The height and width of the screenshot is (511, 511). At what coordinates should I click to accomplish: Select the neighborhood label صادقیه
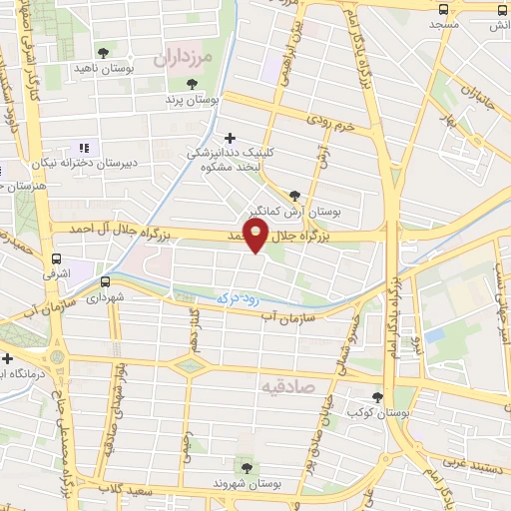click(x=288, y=384)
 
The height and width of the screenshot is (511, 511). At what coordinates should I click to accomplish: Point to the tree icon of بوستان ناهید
click(x=104, y=52)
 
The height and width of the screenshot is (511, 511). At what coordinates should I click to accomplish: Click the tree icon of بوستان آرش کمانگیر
click(x=293, y=196)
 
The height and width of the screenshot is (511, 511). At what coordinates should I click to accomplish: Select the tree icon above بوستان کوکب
click(x=376, y=395)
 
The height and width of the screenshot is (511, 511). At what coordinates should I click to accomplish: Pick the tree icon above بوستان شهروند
click(x=245, y=466)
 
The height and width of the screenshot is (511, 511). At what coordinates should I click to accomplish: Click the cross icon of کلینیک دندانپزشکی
click(x=231, y=138)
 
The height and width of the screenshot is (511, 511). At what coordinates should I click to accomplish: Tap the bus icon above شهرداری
click(x=106, y=281)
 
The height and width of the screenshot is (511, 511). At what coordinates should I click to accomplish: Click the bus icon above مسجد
click(x=444, y=9)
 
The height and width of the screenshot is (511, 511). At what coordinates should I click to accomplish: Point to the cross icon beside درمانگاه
click(x=8, y=357)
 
